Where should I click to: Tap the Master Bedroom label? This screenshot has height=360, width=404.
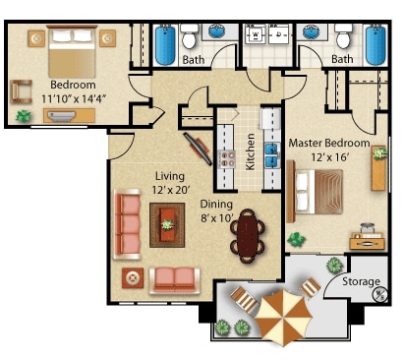(x=328, y=144)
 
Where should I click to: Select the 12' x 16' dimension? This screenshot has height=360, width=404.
(x=329, y=157)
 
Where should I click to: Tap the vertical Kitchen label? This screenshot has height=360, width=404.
(x=251, y=150)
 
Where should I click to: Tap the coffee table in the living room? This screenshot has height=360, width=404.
(x=167, y=225)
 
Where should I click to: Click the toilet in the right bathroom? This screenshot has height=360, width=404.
(x=342, y=39)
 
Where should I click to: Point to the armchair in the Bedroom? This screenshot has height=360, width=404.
(x=22, y=91)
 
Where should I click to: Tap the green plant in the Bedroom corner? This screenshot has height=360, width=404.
(x=23, y=116)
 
